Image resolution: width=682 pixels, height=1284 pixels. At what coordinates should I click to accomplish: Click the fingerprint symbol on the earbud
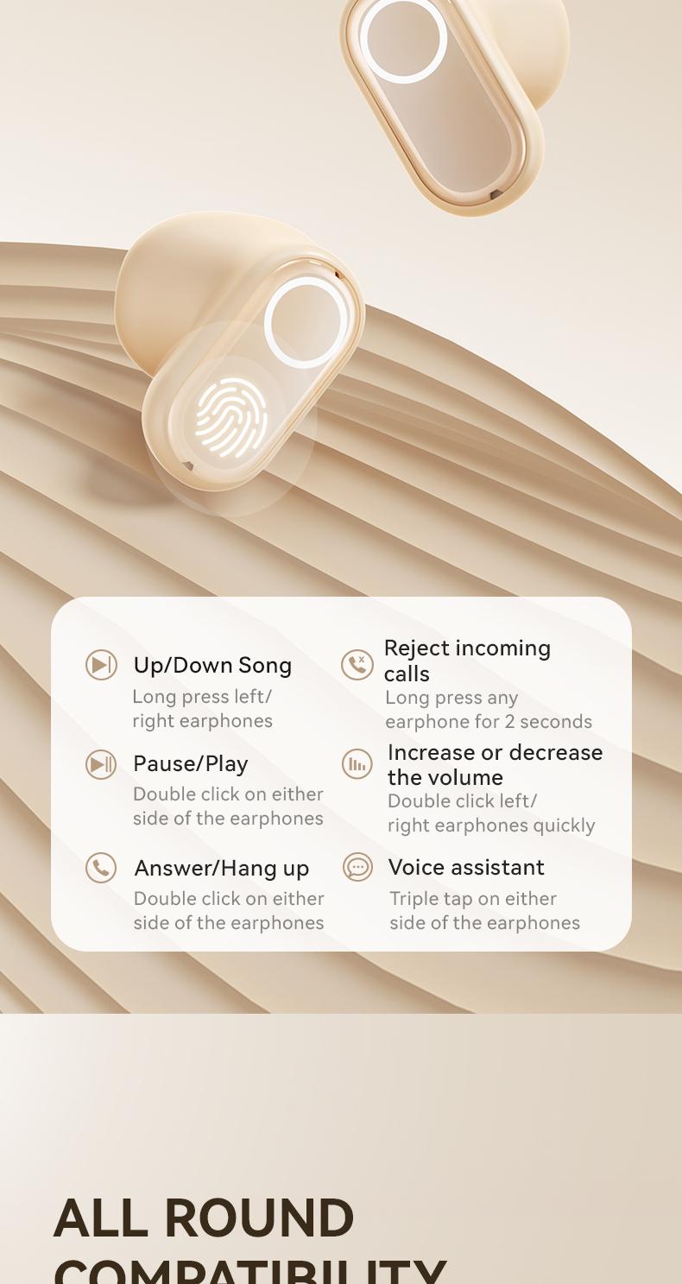230,418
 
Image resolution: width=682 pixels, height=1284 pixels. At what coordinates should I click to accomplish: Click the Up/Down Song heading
212,665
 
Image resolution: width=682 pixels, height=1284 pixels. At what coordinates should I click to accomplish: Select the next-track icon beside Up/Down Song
101,665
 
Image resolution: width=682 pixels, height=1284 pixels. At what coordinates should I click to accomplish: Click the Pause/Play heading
190,763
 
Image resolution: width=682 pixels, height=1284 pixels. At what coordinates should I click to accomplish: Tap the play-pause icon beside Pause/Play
101,764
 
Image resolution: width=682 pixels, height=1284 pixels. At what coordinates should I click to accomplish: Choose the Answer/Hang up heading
221,868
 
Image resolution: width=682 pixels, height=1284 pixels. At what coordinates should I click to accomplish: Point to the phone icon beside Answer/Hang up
101,868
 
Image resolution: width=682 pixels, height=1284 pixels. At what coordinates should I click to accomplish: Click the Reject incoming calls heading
467,660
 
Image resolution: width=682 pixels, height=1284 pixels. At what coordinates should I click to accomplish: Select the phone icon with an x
357,665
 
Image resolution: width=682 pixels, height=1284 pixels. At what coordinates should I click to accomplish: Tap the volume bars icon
357,764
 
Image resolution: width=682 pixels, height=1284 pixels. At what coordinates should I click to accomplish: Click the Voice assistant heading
466,867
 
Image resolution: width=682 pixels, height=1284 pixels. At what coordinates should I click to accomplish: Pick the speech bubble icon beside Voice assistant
357,867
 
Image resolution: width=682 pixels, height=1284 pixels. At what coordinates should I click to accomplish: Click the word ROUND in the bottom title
258,1218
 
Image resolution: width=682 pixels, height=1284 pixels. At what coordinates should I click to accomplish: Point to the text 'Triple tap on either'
473,899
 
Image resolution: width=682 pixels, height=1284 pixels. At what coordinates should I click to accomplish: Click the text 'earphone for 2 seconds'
489,722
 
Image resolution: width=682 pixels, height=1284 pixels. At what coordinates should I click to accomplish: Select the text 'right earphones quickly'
491,825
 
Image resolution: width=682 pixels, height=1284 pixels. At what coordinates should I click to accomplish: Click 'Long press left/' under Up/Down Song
202,697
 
